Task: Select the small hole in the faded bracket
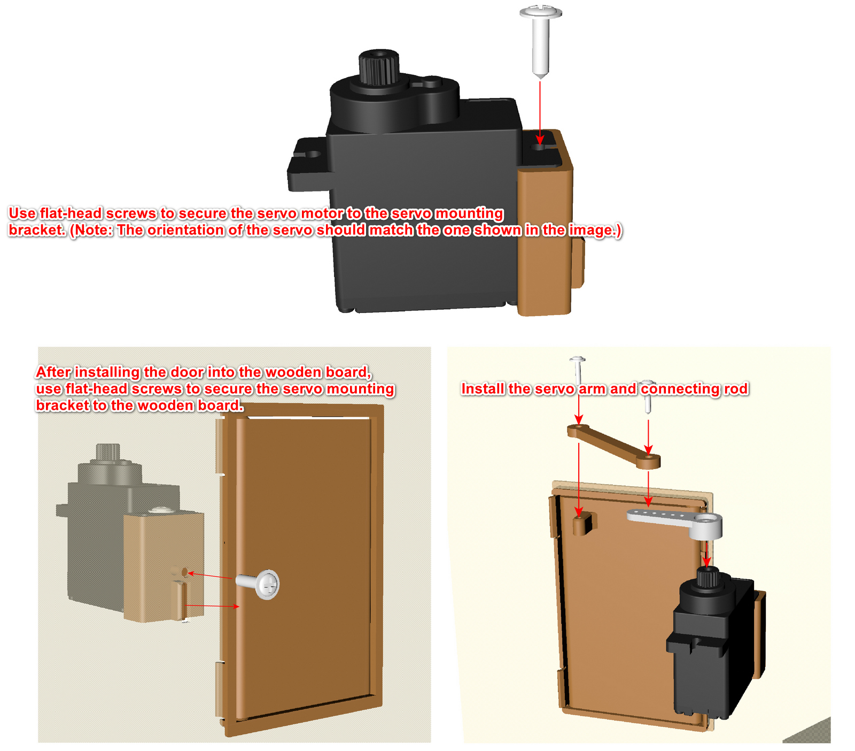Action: [185, 572]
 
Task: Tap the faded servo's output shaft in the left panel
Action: [107, 453]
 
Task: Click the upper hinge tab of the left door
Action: [220, 447]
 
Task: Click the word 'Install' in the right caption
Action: [483, 389]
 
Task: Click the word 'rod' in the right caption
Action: [736, 389]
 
